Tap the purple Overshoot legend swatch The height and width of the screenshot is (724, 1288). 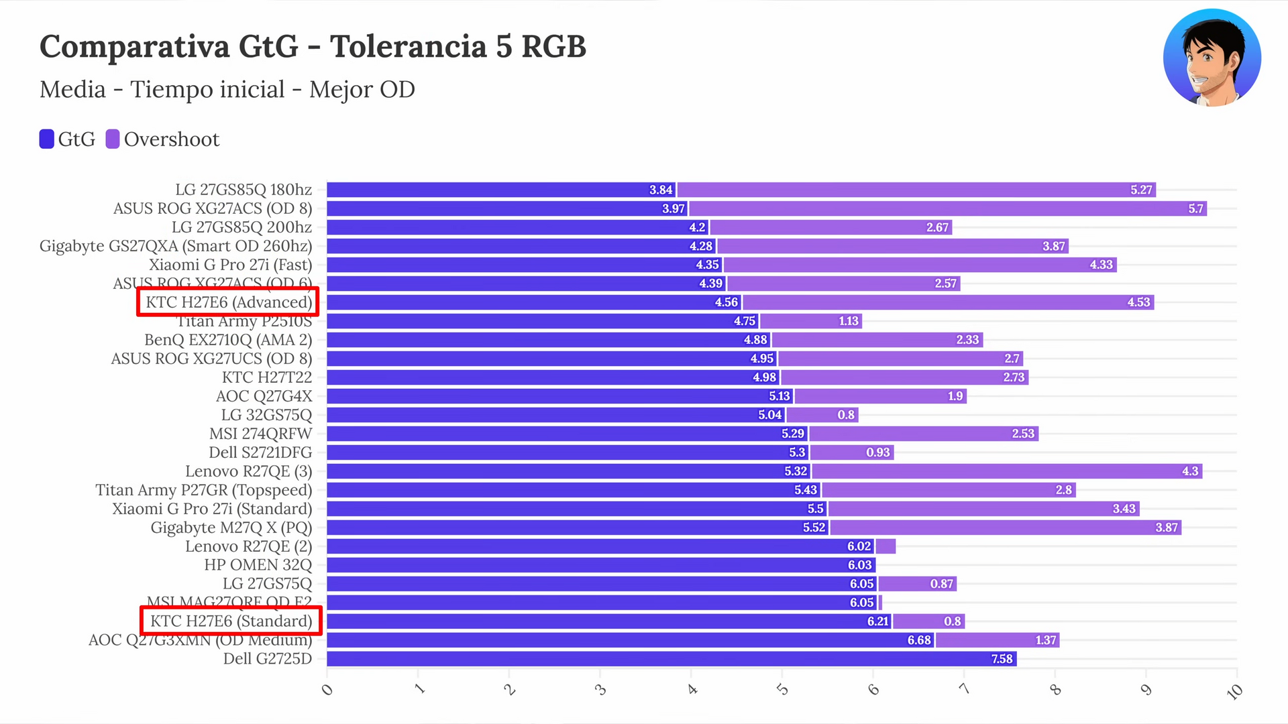113,139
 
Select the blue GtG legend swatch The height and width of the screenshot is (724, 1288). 46,139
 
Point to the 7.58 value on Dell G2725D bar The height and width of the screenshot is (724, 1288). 1002,659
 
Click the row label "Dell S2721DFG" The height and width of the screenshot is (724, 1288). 260,452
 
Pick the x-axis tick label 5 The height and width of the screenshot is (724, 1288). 782,689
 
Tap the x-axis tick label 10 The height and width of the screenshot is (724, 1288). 1234,691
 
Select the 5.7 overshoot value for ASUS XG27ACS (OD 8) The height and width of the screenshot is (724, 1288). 1195,208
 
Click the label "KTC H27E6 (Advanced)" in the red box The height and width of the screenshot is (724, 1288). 229,302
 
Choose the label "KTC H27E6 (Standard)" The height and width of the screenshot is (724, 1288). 231,621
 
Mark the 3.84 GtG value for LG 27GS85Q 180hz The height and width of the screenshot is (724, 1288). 660,190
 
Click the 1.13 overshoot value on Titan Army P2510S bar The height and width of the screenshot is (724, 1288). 848,321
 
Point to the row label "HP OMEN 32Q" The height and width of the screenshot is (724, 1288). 258,565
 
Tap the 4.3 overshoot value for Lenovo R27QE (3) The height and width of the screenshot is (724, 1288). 1189,471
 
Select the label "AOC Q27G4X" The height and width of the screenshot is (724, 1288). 264,396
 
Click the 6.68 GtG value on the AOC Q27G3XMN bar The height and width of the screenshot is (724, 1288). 918,640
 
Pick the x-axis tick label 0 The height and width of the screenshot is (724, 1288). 327,689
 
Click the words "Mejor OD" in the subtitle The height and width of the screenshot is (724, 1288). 362,89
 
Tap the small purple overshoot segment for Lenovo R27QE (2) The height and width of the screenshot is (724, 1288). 885,546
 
